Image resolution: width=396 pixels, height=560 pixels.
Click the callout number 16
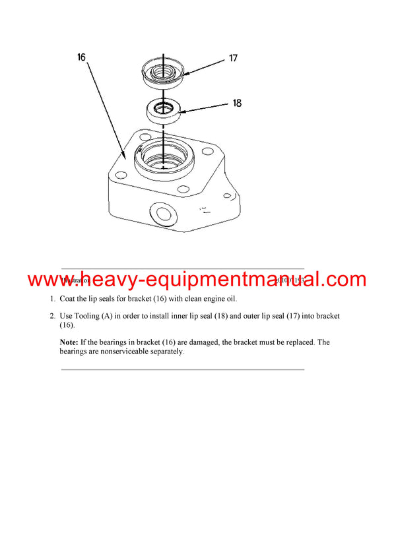click(81, 57)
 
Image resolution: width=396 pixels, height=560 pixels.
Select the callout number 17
click(233, 58)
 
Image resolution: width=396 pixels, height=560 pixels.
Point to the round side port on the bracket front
click(160, 213)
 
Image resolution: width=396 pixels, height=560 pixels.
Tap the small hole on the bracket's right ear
click(227, 196)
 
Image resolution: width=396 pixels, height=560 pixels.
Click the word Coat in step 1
click(69, 299)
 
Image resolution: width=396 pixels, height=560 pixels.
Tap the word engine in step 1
click(197, 299)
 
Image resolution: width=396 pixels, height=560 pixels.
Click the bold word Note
click(69, 342)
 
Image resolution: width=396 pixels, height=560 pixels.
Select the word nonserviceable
click(120, 352)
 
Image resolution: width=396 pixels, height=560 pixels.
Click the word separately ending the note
click(166, 352)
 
